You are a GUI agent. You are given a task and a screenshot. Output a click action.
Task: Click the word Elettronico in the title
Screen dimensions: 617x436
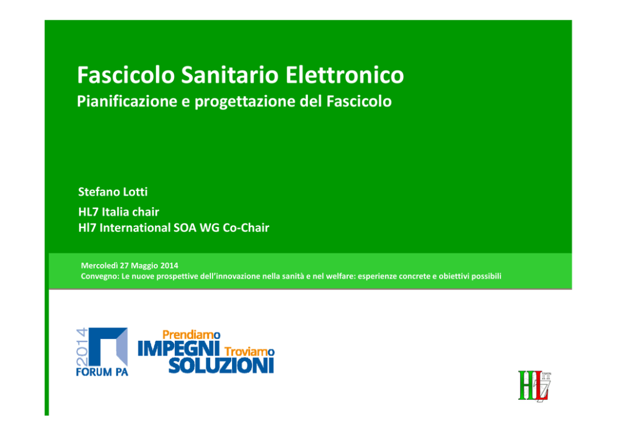click(x=345, y=75)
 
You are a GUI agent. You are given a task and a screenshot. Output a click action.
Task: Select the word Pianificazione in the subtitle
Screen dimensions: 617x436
click(x=127, y=101)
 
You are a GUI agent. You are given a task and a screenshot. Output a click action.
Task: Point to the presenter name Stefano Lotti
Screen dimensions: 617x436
click(x=113, y=192)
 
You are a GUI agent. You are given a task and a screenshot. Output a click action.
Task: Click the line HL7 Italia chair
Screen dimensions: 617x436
click(x=118, y=212)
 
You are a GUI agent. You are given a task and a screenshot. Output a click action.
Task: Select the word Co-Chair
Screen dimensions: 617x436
click(x=246, y=228)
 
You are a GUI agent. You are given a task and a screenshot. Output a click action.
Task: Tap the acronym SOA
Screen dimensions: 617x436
click(x=185, y=228)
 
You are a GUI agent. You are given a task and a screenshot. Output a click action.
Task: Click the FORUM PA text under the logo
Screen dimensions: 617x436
click(x=102, y=372)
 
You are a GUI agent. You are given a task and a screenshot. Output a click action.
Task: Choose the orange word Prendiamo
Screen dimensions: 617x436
click(x=191, y=335)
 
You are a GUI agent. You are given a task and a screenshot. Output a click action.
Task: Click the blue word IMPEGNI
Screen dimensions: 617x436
click(x=179, y=349)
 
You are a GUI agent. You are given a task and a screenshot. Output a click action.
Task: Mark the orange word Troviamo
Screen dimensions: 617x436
click(x=249, y=351)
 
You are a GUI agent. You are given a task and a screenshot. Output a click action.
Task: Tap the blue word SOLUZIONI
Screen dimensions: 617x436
click(x=221, y=366)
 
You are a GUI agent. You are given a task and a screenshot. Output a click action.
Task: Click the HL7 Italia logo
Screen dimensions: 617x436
click(x=534, y=386)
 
